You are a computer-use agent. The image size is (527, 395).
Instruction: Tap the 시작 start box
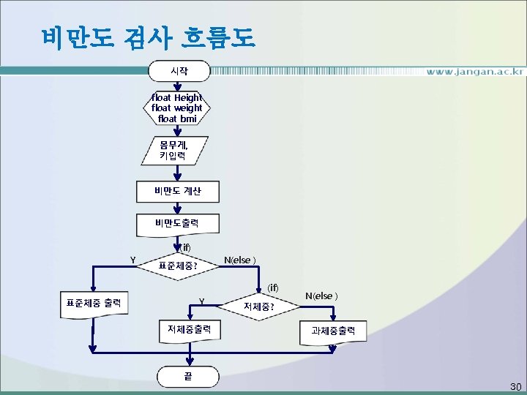pos(179,71)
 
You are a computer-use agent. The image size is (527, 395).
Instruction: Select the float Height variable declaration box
pos(177,108)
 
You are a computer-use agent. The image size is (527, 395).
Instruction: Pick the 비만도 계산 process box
pos(177,192)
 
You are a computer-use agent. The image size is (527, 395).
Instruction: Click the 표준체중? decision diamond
pos(178,266)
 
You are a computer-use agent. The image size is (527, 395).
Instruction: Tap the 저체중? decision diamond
pos(259,306)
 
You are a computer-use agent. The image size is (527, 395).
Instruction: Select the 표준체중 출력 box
pos(94,301)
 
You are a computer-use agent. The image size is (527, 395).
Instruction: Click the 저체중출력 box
pos(190,329)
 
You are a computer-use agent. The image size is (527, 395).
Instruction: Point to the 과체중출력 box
pos(333,331)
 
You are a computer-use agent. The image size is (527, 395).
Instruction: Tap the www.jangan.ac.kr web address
pos(475,72)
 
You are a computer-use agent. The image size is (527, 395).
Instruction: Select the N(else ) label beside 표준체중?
pos(239,260)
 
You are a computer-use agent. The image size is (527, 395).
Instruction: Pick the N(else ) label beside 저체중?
pos(321,296)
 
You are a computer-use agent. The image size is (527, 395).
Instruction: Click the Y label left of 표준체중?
pos(132,258)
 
